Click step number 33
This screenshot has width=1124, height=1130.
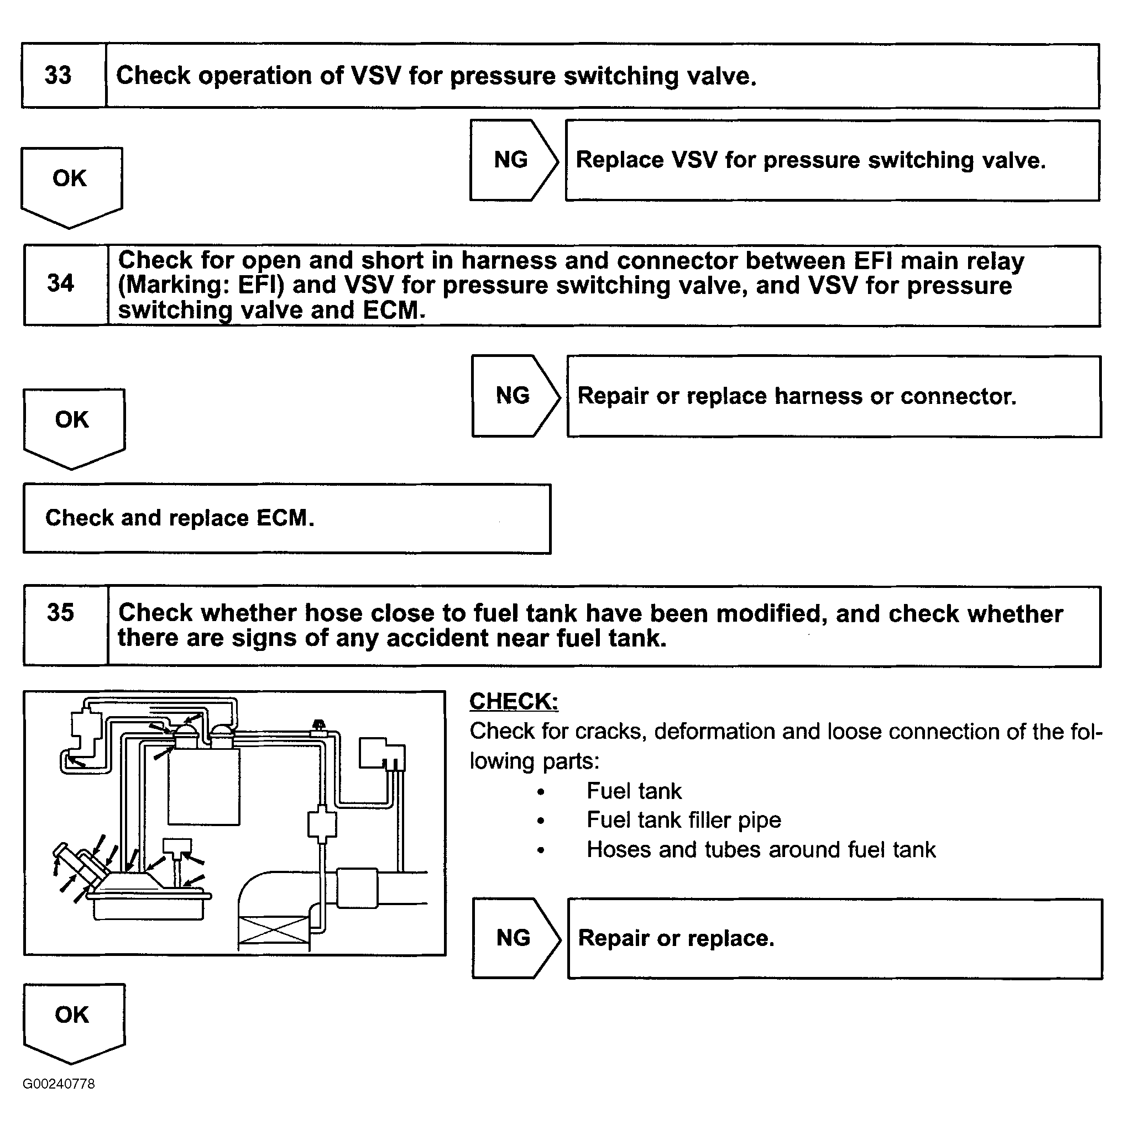click(58, 76)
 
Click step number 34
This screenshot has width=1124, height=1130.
click(61, 283)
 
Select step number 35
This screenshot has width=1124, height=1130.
click(61, 613)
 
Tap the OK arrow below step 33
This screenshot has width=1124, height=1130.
click(71, 183)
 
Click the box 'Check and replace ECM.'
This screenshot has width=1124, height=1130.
click(287, 518)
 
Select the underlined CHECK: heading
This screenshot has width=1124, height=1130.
click(514, 701)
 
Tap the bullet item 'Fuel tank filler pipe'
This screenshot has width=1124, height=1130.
click(683, 820)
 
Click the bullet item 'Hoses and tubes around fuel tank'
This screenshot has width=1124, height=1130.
click(761, 850)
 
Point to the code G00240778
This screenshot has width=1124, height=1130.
click(59, 1084)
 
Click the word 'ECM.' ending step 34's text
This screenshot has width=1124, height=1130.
click(394, 311)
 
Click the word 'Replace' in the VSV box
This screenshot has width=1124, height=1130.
click(620, 160)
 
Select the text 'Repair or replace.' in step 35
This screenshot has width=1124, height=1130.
click(676, 938)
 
